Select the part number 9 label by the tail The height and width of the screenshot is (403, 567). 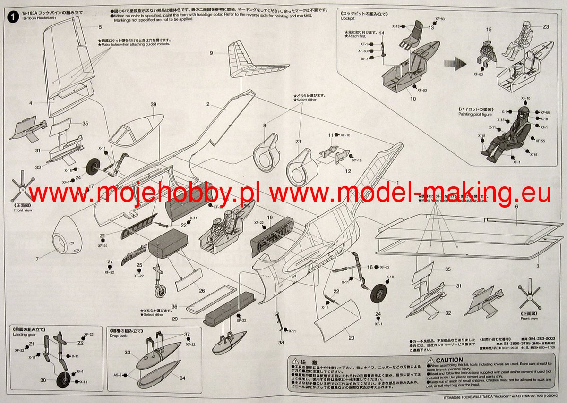coord(212,53)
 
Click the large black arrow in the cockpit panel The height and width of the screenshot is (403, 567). coord(453,65)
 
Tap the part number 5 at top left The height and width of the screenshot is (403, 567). coord(100,27)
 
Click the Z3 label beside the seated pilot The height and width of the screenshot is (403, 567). coord(546,27)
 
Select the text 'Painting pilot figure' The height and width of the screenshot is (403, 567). coord(475,114)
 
